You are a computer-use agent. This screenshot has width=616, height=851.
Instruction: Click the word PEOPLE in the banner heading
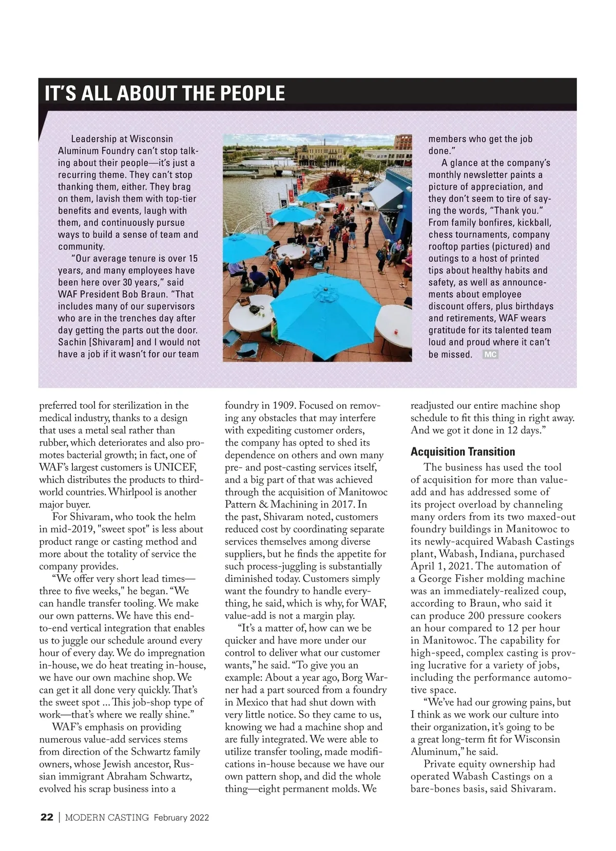(x=252, y=93)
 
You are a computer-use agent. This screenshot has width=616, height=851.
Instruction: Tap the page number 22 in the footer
(x=47, y=818)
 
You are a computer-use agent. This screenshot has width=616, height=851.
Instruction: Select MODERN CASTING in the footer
(x=107, y=818)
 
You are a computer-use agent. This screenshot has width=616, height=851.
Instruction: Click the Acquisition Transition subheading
(x=463, y=452)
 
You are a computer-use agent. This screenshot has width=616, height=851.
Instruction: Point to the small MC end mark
(x=490, y=354)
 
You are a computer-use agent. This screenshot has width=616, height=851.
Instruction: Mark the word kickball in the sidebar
(x=534, y=223)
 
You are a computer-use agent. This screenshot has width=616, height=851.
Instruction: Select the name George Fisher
(x=452, y=579)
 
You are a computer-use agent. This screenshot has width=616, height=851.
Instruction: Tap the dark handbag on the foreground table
(x=254, y=310)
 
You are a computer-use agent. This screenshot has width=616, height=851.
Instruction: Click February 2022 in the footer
(x=181, y=818)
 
